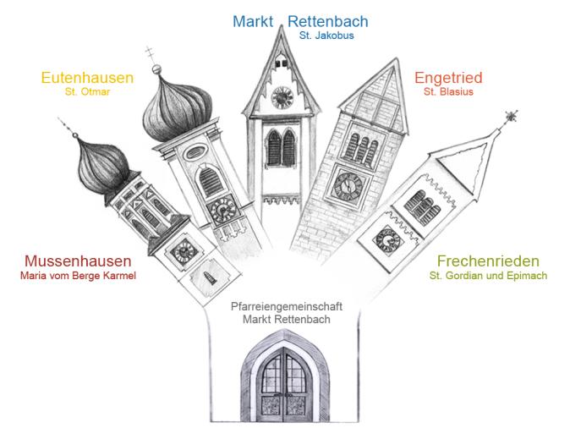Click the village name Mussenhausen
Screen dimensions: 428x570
pyautogui.click(x=78, y=261)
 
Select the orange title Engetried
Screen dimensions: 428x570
pyautogui.click(x=447, y=79)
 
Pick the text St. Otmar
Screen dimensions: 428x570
pyautogui.click(x=88, y=93)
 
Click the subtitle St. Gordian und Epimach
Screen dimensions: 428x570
pyautogui.click(x=488, y=276)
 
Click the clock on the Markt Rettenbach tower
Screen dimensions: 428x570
pyautogui.click(x=282, y=96)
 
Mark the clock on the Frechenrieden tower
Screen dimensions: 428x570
pyautogui.click(x=388, y=239)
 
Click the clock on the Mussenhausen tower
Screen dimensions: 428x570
pyautogui.click(x=181, y=250)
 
